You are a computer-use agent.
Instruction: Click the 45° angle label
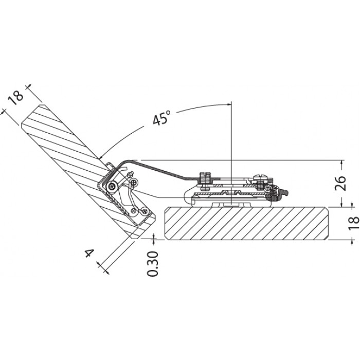coord(162,117)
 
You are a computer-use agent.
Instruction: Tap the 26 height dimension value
coord(340,183)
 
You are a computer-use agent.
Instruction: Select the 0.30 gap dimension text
coord(152,264)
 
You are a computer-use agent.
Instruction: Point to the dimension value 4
coord(90,254)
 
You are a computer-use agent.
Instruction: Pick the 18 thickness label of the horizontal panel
coord(354,223)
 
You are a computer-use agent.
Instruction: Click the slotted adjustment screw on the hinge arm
coord(205,181)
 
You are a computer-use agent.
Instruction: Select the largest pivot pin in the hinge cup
coord(113,186)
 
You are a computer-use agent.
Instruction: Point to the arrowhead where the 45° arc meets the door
coord(101,156)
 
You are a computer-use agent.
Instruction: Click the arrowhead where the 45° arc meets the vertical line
coord(229,104)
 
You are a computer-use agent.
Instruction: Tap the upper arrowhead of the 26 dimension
coord(343,163)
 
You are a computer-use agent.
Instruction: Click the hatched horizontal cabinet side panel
coord(247,223)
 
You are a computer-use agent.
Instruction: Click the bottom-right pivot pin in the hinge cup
coord(145,210)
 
